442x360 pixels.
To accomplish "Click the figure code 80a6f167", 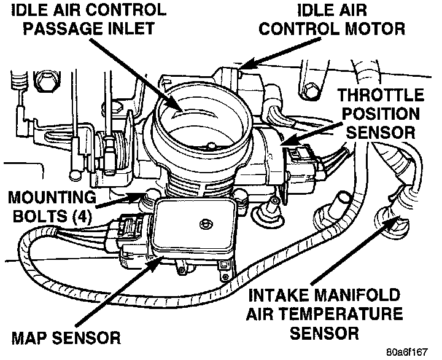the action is click(x=407, y=352).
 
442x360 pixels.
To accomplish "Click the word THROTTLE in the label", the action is click(x=381, y=95).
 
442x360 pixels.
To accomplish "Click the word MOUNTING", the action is click(x=52, y=197).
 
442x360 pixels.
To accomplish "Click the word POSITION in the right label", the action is click(x=381, y=114).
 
